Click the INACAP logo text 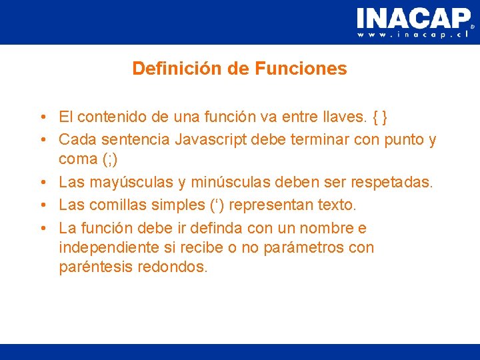[x=413, y=18]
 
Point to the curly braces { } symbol [x=381, y=118]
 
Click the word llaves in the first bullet [x=347, y=118]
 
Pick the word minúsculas [x=229, y=182]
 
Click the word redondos [x=175, y=268]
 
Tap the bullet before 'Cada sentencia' [x=41, y=140]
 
